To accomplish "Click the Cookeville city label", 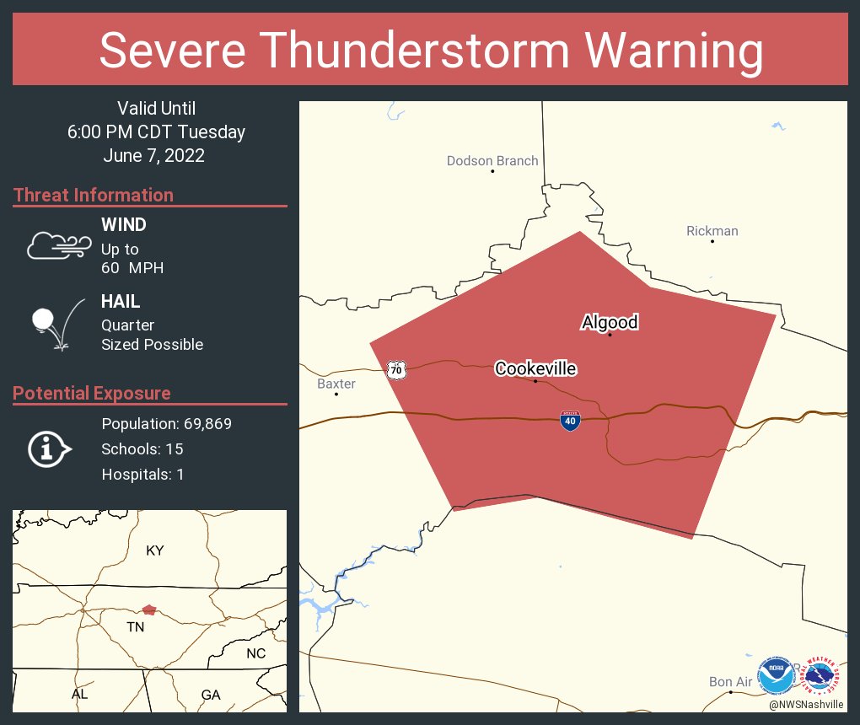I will pyautogui.click(x=535, y=368).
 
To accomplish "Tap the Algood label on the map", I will pyautogui.click(x=610, y=322).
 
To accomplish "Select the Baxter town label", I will pyautogui.click(x=336, y=384).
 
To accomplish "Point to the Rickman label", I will pyautogui.click(x=712, y=231).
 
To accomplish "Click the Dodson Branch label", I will pyautogui.click(x=492, y=161).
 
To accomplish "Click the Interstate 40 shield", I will pyautogui.click(x=570, y=421).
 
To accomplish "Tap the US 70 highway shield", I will pyautogui.click(x=396, y=369).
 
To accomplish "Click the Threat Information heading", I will pyautogui.click(x=94, y=195).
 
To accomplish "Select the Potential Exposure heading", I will pyautogui.click(x=92, y=393).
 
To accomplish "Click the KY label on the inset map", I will pyautogui.click(x=154, y=550).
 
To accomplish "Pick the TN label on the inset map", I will pyautogui.click(x=135, y=627).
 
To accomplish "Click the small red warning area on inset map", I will pyautogui.click(x=149, y=609).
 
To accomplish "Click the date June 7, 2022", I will pyautogui.click(x=154, y=156).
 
